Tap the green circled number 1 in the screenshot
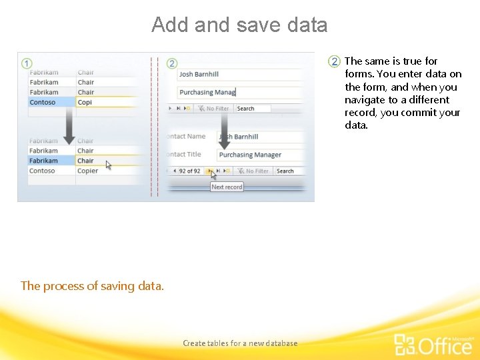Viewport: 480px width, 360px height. click(x=27, y=63)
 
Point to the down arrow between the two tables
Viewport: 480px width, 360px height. click(x=69, y=126)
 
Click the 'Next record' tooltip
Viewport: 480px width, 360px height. click(x=227, y=187)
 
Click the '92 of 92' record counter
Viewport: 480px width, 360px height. click(x=189, y=171)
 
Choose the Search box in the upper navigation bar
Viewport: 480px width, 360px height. click(x=252, y=109)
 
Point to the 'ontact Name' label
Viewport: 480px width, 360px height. click(x=186, y=137)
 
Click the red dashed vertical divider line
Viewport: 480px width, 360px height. click(x=154, y=127)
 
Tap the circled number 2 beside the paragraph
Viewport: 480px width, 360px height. click(x=335, y=61)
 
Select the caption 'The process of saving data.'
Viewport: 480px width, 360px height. click(x=92, y=286)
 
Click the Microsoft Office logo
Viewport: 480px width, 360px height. click(x=433, y=343)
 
